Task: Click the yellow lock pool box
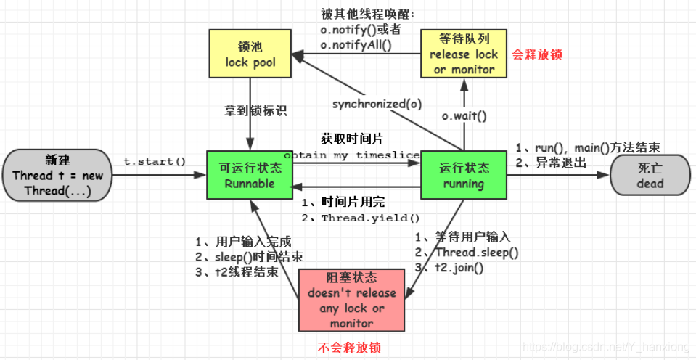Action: coord(250,54)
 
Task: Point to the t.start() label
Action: coord(155,160)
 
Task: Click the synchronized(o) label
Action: coord(377,104)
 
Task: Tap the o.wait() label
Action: coord(464,115)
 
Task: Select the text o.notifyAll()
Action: coord(356,45)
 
